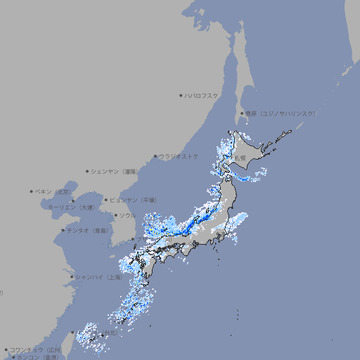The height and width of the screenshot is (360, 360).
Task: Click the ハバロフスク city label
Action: pyautogui.click(x=202, y=95)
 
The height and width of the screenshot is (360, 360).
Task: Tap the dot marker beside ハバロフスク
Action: pyautogui.click(x=181, y=95)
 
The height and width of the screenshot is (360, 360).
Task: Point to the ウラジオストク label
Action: pyautogui.click(x=179, y=156)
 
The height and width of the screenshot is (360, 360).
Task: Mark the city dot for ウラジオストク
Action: pyautogui.click(x=155, y=156)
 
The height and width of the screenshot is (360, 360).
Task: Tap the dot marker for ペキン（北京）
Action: pyautogui.click(x=32, y=191)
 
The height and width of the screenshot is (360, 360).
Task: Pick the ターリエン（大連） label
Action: pyautogui.click(x=71, y=207)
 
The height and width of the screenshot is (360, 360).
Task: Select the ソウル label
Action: pyautogui.click(x=127, y=215)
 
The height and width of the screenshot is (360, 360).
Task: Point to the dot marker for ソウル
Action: pyautogui.click(x=115, y=215)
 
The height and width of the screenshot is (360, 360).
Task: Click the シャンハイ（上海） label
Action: pyautogui.click(x=99, y=277)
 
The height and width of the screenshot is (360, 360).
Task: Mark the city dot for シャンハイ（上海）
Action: pyautogui.click(x=72, y=277)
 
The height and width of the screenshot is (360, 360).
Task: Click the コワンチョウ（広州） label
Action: pyautogui.click(x=36, y=349)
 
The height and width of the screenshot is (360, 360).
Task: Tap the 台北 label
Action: pyautogui.click(x=110, y=333)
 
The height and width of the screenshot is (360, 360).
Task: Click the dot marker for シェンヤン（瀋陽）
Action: pyautogui.click(x=87, y=171)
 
